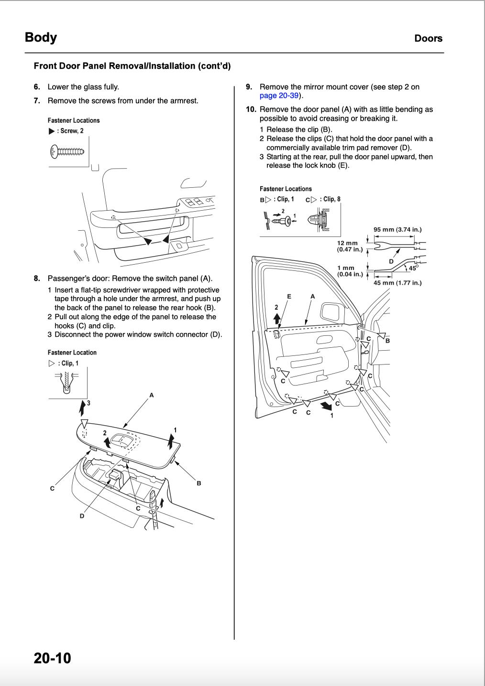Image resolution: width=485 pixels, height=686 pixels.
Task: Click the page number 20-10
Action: coord(52,658)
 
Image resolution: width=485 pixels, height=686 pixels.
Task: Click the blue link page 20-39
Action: coord(279,96)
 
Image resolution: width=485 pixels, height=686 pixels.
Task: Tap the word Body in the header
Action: coord(41,37)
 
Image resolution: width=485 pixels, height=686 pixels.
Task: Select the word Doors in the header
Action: coord(428,38)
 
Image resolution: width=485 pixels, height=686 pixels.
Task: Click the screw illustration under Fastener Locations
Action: coord(68,152)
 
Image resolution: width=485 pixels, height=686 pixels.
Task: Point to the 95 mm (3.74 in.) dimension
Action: coord(397,229)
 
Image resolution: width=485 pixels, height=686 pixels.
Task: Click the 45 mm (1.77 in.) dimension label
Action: coord(397,283)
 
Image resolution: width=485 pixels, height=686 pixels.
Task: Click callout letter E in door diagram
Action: coord(289,296)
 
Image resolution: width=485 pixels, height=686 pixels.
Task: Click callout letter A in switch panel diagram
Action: coord(151,395)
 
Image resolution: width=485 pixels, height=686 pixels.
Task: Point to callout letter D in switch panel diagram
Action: coord(82,516)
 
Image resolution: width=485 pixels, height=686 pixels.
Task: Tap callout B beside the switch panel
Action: coord(199,483)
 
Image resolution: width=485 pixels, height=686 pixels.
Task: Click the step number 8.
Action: coord(37,278)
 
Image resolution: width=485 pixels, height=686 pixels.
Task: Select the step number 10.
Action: coord(251,109)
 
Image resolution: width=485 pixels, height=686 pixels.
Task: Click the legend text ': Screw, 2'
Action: coord(70,131)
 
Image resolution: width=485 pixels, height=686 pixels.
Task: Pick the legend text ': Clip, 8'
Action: coord(330,199)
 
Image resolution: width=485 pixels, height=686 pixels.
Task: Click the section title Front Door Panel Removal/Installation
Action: coord(132,66)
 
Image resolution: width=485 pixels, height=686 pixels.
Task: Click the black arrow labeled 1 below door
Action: coord(326,406)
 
